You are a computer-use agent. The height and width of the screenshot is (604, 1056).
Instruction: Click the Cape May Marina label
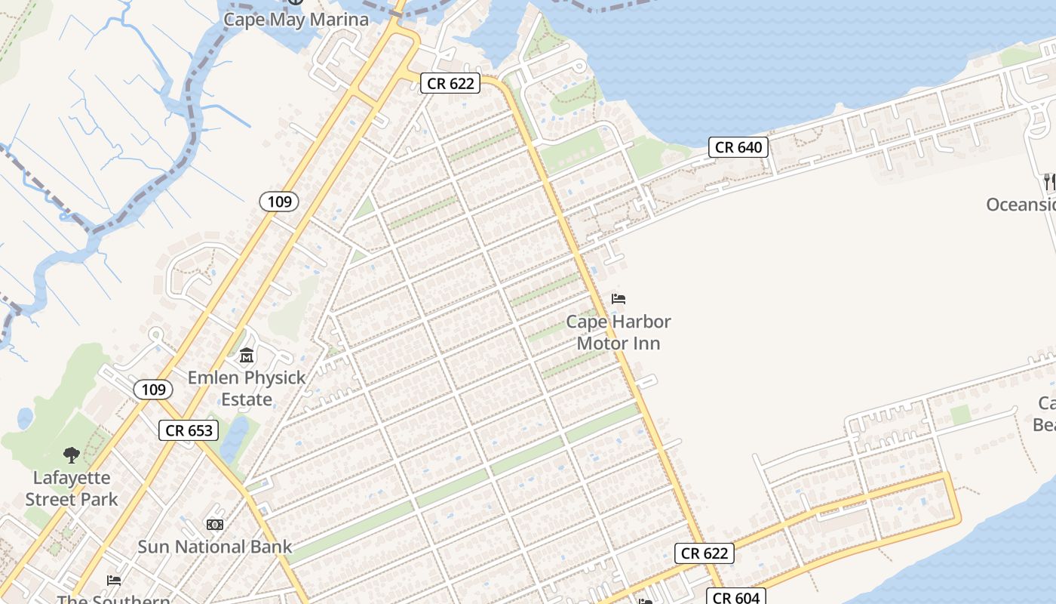point(296,20)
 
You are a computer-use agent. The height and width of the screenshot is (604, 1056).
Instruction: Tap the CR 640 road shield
point(738,147)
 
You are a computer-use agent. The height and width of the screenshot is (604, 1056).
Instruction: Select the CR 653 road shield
point(189,430)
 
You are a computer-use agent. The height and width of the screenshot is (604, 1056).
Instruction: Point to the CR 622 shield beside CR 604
point(705,553)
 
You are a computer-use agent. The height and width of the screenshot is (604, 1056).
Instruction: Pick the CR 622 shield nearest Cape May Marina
point(450,83)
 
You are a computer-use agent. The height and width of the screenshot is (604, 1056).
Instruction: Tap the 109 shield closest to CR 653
point(153,390)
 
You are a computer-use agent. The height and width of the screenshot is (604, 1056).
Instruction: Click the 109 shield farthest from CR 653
point(279,201)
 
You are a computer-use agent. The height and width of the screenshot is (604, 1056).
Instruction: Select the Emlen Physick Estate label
point(247,388)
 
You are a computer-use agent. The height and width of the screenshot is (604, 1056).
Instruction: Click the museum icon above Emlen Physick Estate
point(247,356)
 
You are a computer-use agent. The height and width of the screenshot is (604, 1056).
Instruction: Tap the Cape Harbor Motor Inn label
point(619,332)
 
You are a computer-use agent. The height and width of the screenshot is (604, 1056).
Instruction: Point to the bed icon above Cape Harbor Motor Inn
point(619,299)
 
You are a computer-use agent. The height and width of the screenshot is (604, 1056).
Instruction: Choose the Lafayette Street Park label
point(72,488)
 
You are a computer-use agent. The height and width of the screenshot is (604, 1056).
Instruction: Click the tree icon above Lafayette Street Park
point(72,455)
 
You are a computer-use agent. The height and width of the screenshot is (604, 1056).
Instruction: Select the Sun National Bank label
point(214,547)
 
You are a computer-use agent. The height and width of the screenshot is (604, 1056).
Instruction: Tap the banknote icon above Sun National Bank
point(214,524)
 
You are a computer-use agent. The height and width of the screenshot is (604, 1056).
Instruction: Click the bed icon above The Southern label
point(114,580)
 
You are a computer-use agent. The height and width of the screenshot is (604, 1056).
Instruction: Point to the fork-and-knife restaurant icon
point(1048,181)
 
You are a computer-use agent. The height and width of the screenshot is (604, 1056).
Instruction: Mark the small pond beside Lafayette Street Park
point(26,418)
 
